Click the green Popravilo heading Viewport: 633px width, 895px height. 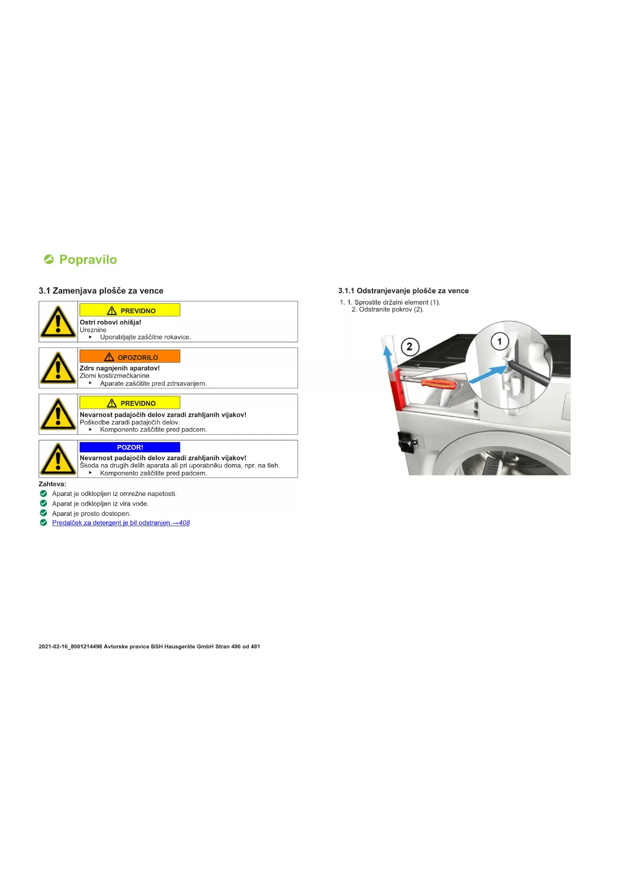88,260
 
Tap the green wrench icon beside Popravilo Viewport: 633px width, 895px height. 49,260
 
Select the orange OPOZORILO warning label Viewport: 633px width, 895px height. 130,357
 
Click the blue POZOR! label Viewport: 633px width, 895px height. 130,447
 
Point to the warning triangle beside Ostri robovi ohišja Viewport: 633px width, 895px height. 58,322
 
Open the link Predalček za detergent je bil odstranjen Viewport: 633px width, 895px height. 120,523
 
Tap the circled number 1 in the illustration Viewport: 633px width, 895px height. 499,341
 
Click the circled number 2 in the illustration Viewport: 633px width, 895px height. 410,347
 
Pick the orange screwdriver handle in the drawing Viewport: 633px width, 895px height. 438,383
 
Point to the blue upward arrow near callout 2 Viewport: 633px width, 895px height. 389,357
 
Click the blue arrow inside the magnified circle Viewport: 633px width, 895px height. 487,374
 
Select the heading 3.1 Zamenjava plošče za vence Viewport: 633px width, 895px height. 101,291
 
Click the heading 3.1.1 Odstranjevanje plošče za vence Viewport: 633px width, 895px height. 403,291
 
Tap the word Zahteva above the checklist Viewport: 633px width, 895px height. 52,484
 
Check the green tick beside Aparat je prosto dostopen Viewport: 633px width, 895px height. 43,513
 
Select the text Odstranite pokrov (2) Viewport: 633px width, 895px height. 391,309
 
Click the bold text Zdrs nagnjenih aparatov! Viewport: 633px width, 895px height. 119,368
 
